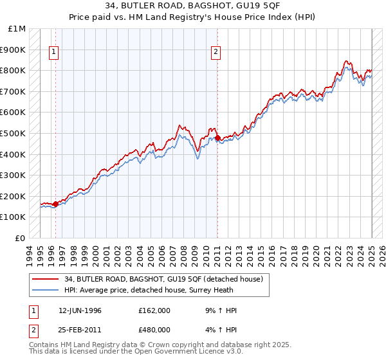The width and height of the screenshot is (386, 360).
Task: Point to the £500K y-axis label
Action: click(x=14, y=133)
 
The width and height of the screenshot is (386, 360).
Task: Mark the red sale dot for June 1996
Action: click(x=55, y=204)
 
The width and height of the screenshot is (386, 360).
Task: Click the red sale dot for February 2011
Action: click(x=217, y=138)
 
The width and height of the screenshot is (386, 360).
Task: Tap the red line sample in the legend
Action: click(x=45, y=280)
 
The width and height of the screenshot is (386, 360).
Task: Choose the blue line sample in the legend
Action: click(x=45, y=291)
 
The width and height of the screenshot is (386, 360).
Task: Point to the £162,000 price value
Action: click(x=153, y=310)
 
